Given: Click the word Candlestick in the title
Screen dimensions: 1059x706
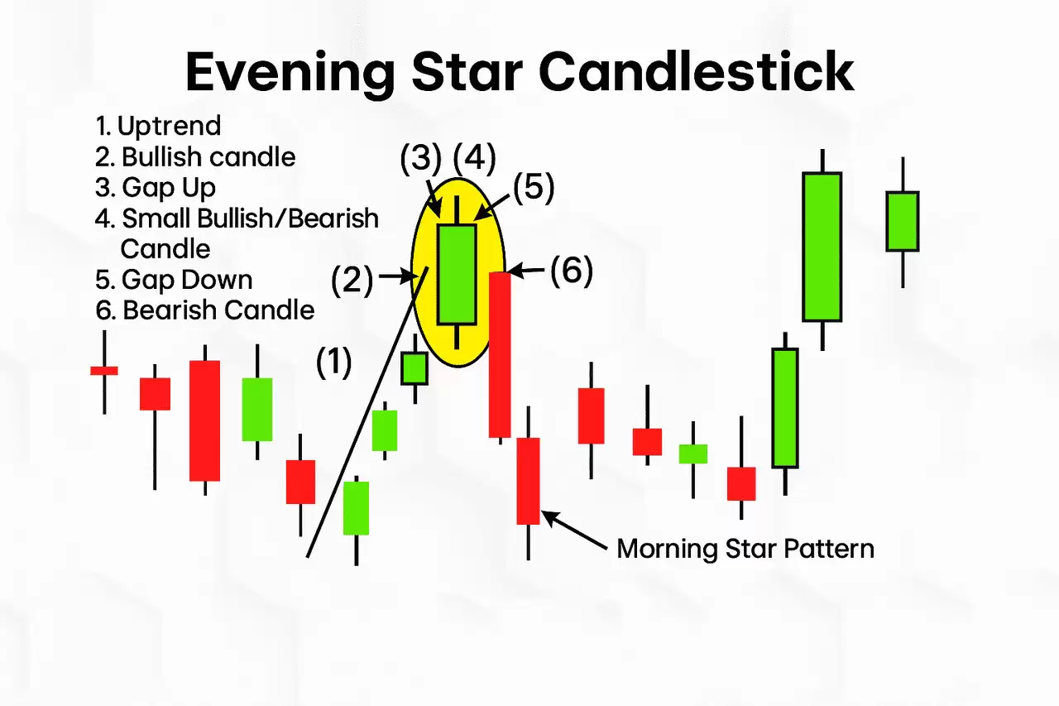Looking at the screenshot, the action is tap(697, 71).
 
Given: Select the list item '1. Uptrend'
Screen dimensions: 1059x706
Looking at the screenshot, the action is tap(158, 126).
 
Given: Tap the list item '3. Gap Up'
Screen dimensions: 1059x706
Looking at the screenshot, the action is tap(155, 188).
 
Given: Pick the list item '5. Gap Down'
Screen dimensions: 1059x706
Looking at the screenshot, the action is tap(174, 280).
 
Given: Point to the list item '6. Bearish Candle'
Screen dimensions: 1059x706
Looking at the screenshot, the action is tap(204, 310).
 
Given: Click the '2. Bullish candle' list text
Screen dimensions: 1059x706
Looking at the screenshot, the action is tap(195, 157).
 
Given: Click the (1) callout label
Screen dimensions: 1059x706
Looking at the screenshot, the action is tap(333, 362).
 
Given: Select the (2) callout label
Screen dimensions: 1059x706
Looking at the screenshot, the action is tap(352, 281).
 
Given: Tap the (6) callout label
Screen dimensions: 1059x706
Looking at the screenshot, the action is tap(572, 270).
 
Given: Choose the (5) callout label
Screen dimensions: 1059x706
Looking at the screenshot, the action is tap(534, 187).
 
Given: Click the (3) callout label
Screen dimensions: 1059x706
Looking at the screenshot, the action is tap(421, 157).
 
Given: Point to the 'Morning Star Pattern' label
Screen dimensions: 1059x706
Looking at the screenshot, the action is tap(745, 549).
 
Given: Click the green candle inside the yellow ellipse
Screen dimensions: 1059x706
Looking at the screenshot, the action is tap(457, 274).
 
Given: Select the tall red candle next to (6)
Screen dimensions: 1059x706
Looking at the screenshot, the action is tap(500, 356).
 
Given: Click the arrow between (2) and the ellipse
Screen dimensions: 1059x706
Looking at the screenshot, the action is tap(397, 276).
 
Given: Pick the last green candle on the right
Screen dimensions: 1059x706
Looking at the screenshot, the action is tap(903, 221).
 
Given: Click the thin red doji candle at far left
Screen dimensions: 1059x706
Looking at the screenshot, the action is tap(104, 371).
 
